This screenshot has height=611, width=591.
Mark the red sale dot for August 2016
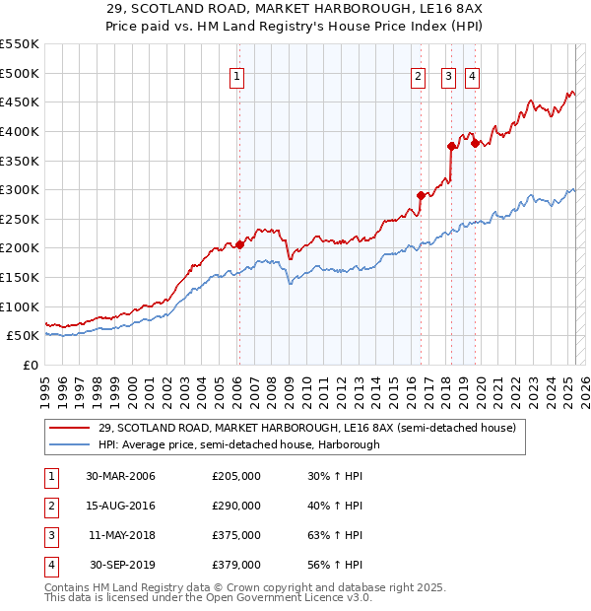[x=421, y=195]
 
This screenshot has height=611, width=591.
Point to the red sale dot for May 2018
[x=450, y=146]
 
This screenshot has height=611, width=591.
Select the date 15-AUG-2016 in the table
[x=121, y=506]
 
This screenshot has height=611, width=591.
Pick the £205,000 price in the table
[x=236, y=476]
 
